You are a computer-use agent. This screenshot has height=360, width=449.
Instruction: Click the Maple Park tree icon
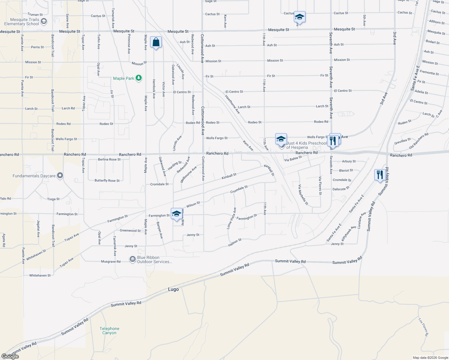click(138, 78)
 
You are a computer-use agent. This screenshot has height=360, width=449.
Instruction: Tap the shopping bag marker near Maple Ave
click(156, 42)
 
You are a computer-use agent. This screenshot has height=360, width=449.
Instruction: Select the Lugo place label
click(173, 289)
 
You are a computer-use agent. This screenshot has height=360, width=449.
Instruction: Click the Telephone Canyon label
click(109, 331)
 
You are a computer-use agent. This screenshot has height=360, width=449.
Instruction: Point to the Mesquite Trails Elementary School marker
click(44, 21)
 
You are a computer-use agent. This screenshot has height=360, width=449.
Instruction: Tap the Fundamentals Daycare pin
click(60, 175)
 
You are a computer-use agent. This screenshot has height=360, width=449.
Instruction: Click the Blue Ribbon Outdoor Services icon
click(132, 259)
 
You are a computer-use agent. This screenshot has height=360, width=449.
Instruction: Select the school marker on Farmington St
click(176, 214)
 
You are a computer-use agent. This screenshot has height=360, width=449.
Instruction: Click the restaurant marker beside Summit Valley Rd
click(380, 175)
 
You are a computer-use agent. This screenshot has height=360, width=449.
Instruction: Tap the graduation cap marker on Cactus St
click(299, 17)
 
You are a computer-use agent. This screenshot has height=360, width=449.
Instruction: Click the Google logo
click(10, 356)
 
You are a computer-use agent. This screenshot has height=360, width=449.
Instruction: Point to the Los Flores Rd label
click(423, 327)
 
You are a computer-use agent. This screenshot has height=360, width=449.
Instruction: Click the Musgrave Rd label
click(111, 262)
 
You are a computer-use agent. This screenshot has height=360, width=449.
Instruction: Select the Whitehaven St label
click(40, 275)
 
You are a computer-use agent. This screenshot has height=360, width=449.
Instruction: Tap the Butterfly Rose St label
click(107, 181)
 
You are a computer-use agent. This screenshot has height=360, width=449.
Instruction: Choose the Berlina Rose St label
click(109, 159)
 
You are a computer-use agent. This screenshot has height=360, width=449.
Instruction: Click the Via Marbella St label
click(303, 195)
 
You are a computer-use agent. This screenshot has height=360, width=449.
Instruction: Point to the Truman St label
click(35, 14)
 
